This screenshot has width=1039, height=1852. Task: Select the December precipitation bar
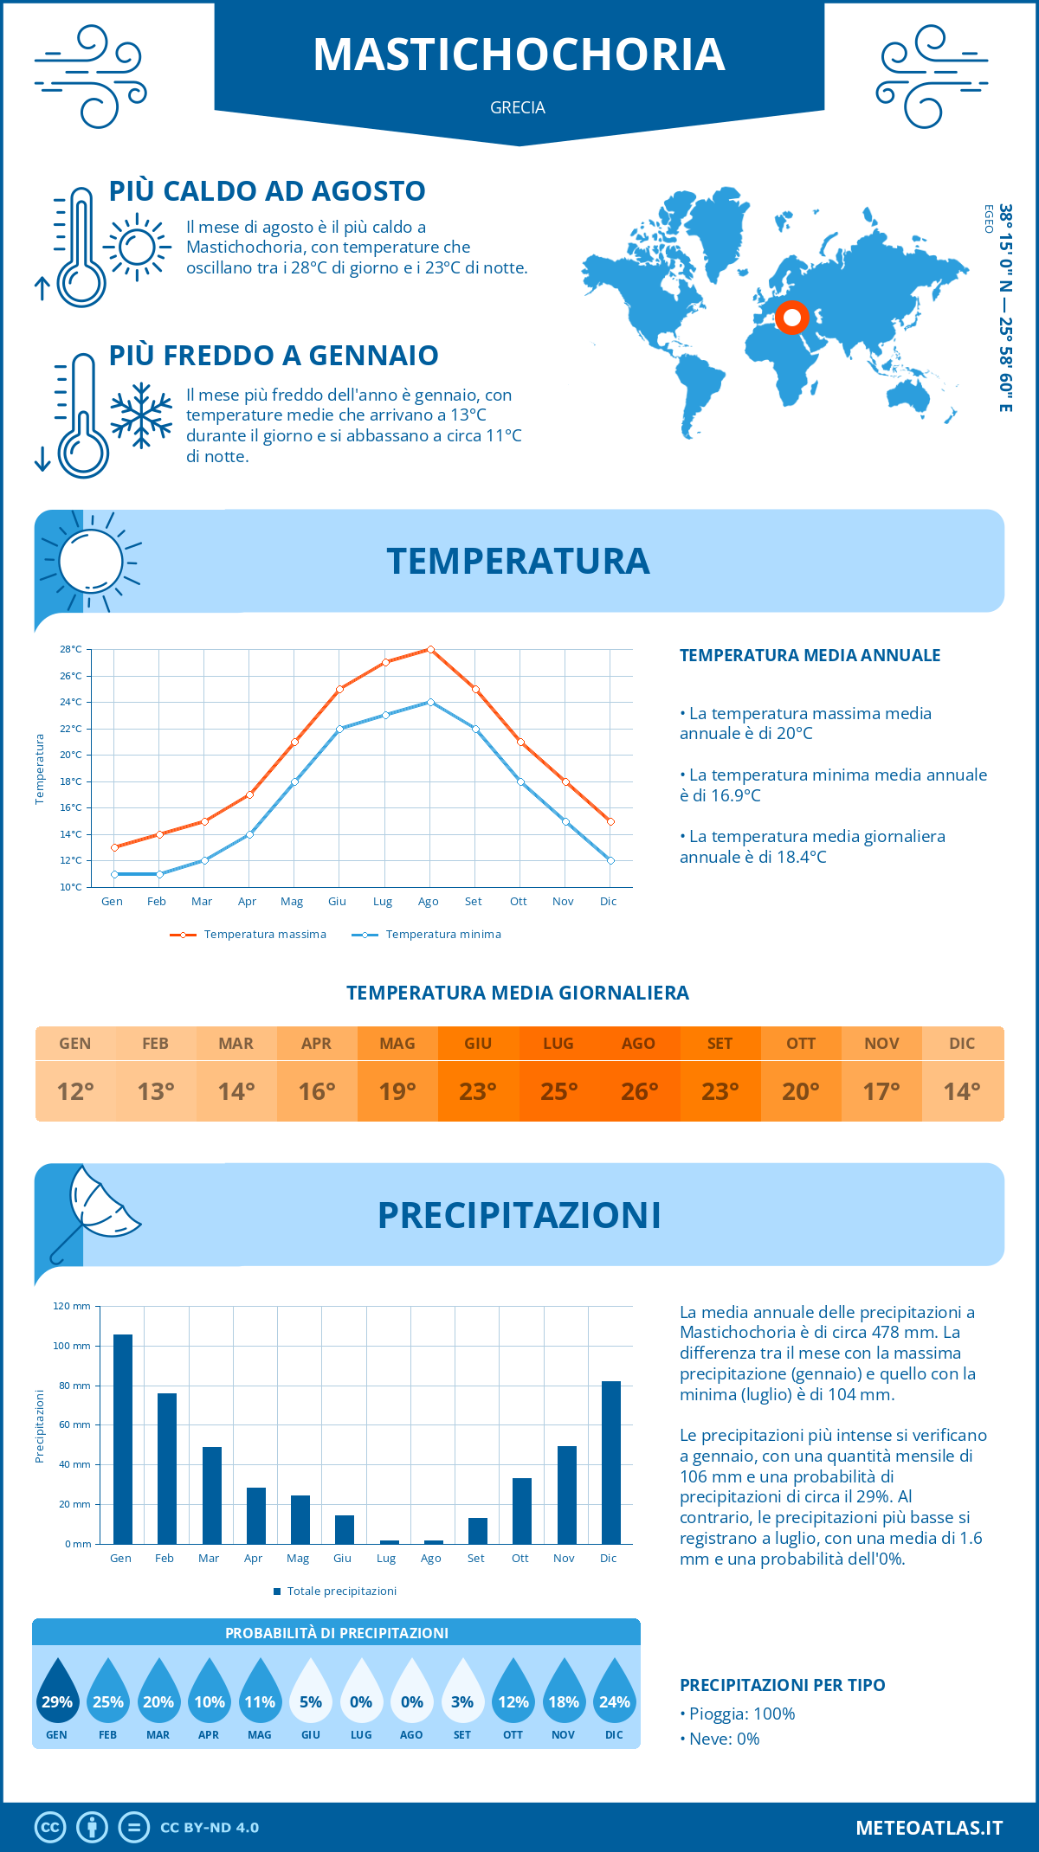coord(611,1462)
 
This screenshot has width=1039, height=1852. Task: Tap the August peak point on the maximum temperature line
coord(430,649)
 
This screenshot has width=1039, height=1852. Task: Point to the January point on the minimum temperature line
coord(114,874)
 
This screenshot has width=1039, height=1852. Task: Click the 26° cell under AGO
coord(639,1091)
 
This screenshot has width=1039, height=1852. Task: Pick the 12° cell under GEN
coord(75,1091)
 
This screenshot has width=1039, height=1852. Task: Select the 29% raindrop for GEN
coord(57,1696)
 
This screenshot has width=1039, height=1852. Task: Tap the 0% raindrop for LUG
coord(361,1696)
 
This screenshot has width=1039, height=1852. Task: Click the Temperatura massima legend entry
coord(249,935)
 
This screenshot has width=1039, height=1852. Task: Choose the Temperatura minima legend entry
coord(428,935)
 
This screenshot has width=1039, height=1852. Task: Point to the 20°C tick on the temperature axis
coord(71,755)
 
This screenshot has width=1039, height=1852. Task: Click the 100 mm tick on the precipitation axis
coord(72,1346)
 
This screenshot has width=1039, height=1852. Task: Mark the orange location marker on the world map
coord(791,318)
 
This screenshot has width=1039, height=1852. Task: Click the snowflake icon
coord(141,415)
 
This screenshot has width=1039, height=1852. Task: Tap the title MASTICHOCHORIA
coord(519,55)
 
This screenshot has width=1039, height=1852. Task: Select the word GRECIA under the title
coord(518,108)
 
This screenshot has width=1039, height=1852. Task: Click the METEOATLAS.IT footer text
coord(929,1828)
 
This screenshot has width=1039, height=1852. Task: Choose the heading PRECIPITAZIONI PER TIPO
coord(782,1685)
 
